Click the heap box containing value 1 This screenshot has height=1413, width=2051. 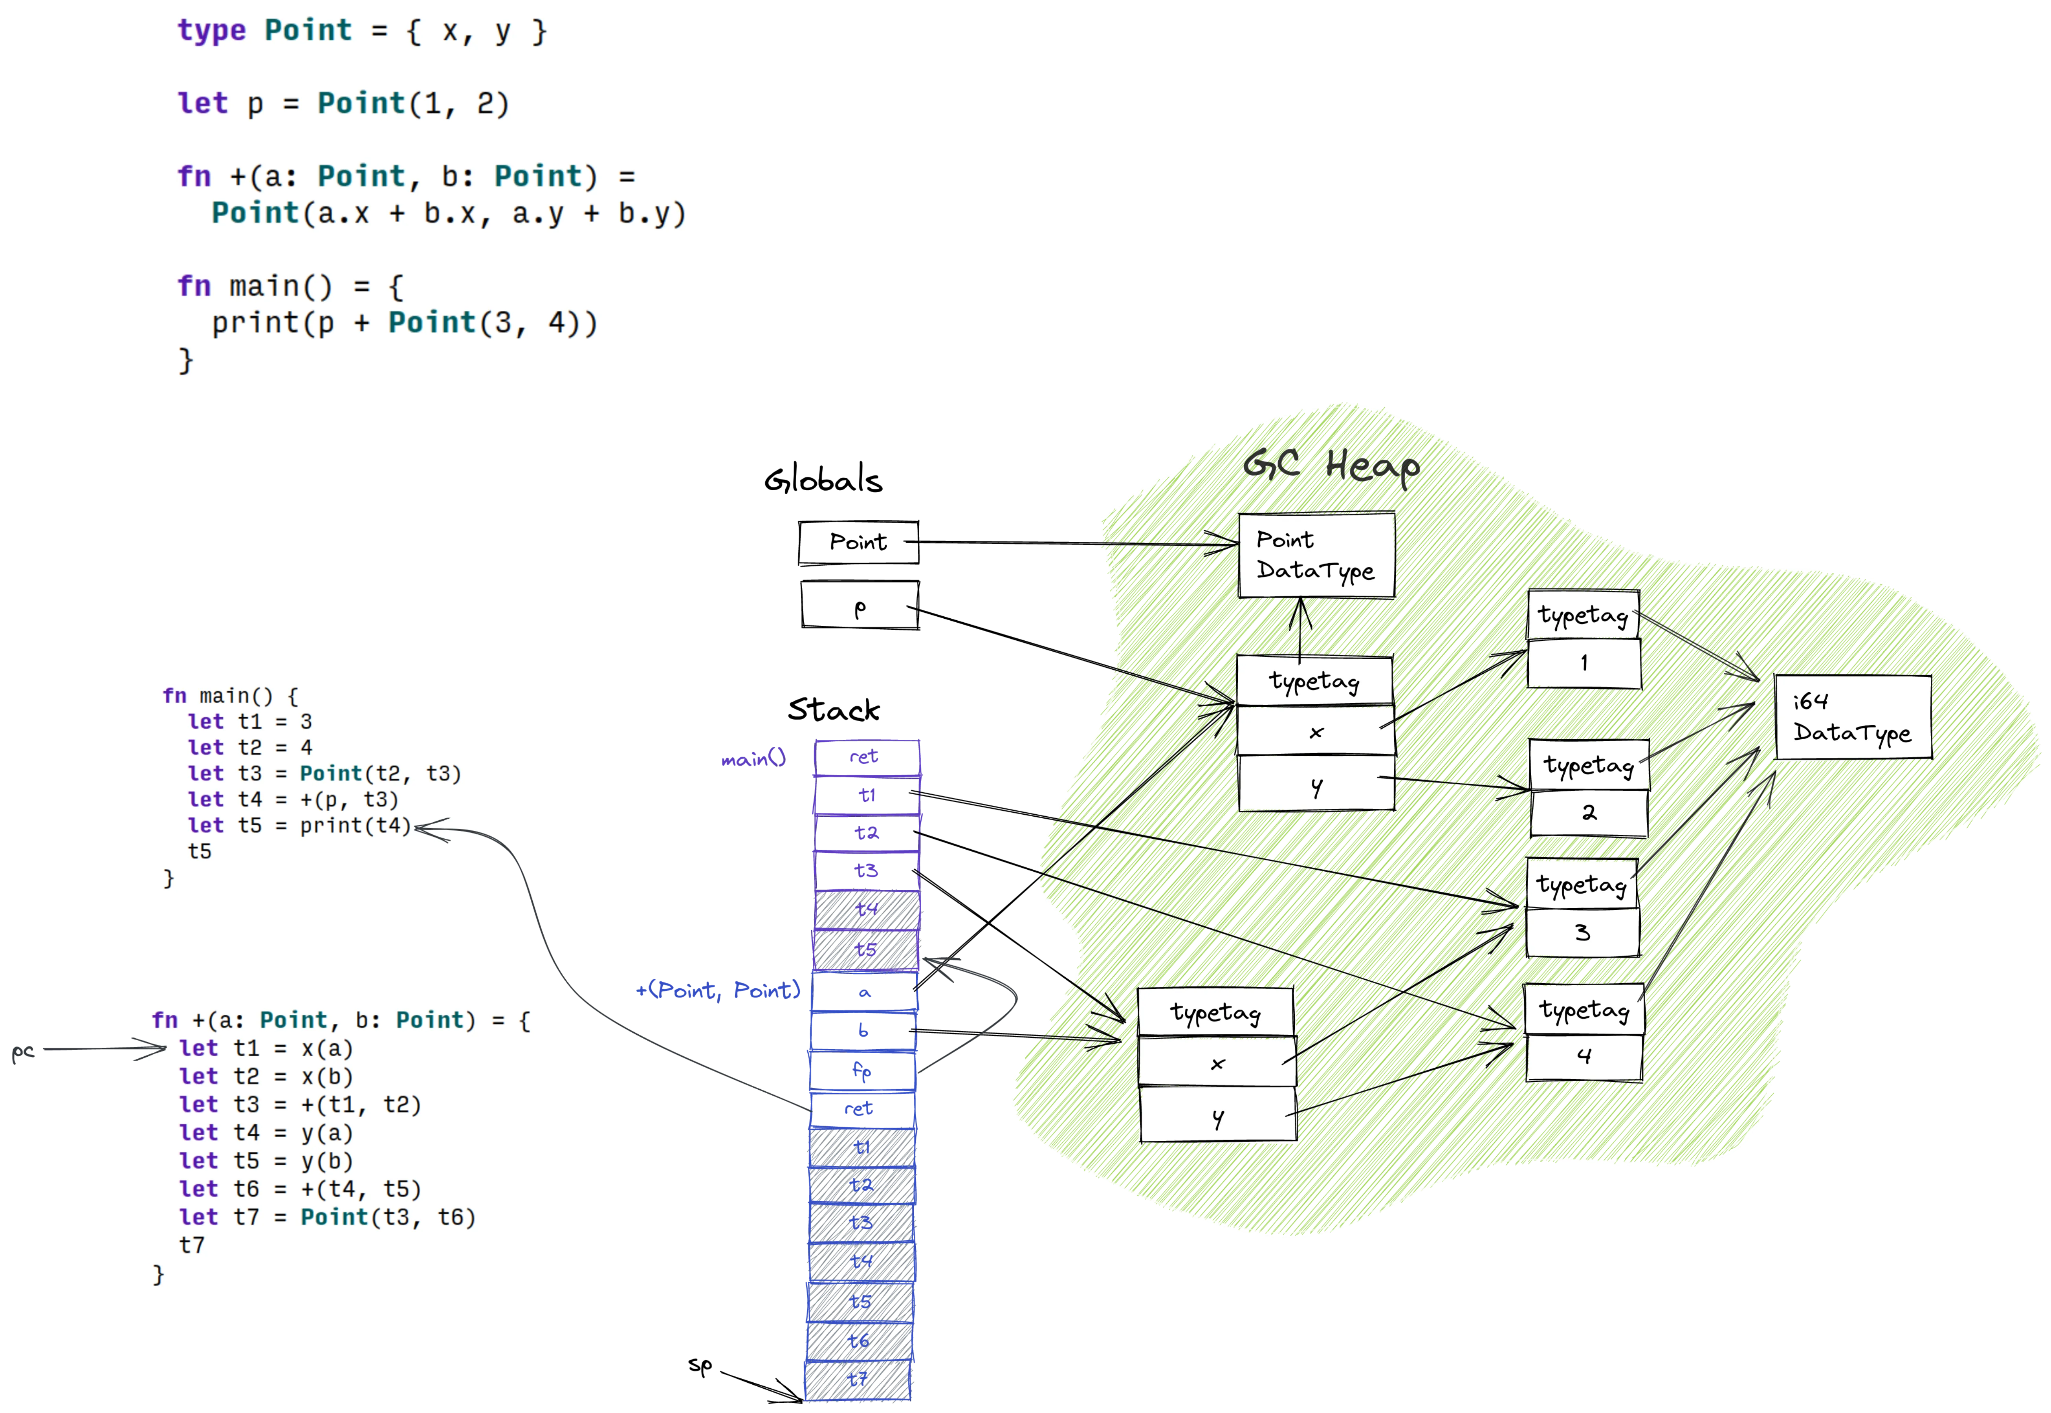pos(1584,663)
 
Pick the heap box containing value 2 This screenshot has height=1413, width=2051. pos(1589,813)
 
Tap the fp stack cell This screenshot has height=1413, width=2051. pos(863,1070)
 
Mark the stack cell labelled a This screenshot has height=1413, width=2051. pos(865,993)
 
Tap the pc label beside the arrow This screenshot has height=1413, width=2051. pos(23,1051)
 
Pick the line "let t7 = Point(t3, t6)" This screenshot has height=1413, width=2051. pos(328,1217)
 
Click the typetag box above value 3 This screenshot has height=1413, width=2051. pos(1582,885)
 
